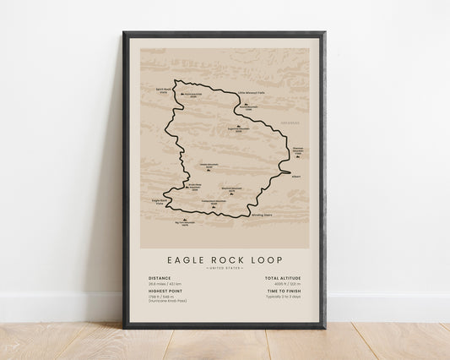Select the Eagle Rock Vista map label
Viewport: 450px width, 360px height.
[160, 201]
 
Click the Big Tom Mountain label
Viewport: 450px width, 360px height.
[183, 223]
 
